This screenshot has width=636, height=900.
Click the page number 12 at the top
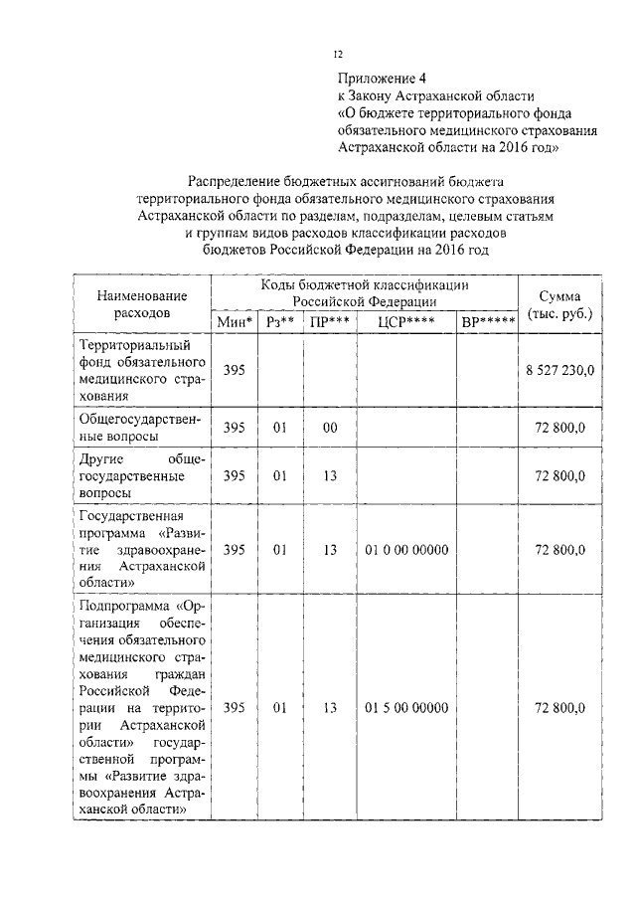click(338, 56)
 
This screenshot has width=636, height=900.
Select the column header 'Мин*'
click(235, 322)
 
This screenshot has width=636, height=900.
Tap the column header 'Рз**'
click(280, 322)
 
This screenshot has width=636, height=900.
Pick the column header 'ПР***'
click(330, 322)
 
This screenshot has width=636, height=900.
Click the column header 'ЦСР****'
click(406, 322)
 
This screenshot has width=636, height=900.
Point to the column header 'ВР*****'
click(487, 322)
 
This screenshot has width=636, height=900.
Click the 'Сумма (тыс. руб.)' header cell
click(564, 304)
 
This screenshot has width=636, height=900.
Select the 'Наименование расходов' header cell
click(142, 304)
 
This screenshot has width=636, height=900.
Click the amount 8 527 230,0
click(560, 370)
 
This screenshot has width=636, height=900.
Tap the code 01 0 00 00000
click(406, 550)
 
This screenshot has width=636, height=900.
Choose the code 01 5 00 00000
click(406, 708)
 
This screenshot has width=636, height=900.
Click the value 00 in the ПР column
click(330, 428)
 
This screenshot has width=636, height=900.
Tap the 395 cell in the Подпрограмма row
click(235, 708)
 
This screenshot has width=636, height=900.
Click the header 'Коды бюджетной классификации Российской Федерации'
click(365, 292)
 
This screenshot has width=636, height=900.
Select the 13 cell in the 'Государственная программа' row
click(330, 550)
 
